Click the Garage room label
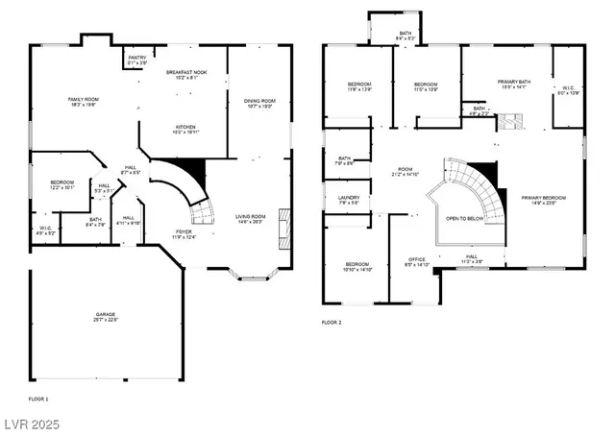(105, 316)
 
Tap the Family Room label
(83, 102)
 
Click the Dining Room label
(259, 104)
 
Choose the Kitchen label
(186, 130)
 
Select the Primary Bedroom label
(543, 200)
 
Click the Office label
(416, 261)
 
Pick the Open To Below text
(464, 218)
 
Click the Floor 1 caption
(38, 398)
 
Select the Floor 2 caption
(332, 323)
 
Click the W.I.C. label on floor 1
(46, 230)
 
